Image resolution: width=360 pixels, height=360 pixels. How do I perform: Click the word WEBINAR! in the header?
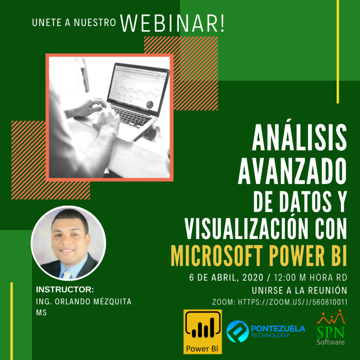(x=172, y=24)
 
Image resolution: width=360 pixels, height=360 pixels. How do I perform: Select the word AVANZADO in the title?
(x=292, y=171)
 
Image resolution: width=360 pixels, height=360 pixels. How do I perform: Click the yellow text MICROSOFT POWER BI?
(x=259, y=256)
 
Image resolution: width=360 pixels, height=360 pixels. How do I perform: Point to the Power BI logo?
(x=202, y=332)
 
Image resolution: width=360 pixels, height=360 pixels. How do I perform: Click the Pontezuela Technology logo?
(x=266, y=331)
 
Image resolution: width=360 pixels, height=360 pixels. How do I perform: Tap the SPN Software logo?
(x=331, y=327)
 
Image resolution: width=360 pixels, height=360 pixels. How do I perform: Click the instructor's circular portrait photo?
(x=69, y=243)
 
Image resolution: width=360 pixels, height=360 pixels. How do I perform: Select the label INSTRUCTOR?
(x=65, y=290)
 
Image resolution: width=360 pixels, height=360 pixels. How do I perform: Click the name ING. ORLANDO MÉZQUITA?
(x=84, y=301)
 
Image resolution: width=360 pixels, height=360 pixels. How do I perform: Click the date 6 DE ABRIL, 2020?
(x=226, y=278)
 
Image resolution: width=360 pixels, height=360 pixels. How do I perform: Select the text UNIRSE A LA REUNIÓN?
(x=300, y=290)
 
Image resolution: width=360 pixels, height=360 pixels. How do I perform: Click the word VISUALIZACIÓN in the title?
(x=245, y=229)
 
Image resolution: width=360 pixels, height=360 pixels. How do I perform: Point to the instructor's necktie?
(x=67, y=274)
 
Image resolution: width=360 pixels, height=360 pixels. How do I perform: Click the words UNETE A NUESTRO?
(x=74, y=22)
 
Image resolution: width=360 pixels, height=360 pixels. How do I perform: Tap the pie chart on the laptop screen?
(x=150, y=105)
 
